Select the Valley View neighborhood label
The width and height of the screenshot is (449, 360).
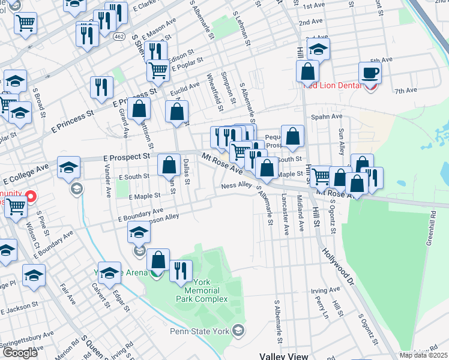coord(284,355)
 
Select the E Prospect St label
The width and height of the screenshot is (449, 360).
coord(126,157)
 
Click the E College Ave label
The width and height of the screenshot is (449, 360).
coord(25,173)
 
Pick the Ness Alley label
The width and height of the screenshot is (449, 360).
coord(236,186)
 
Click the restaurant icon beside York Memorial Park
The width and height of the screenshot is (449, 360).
coord(180,271)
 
